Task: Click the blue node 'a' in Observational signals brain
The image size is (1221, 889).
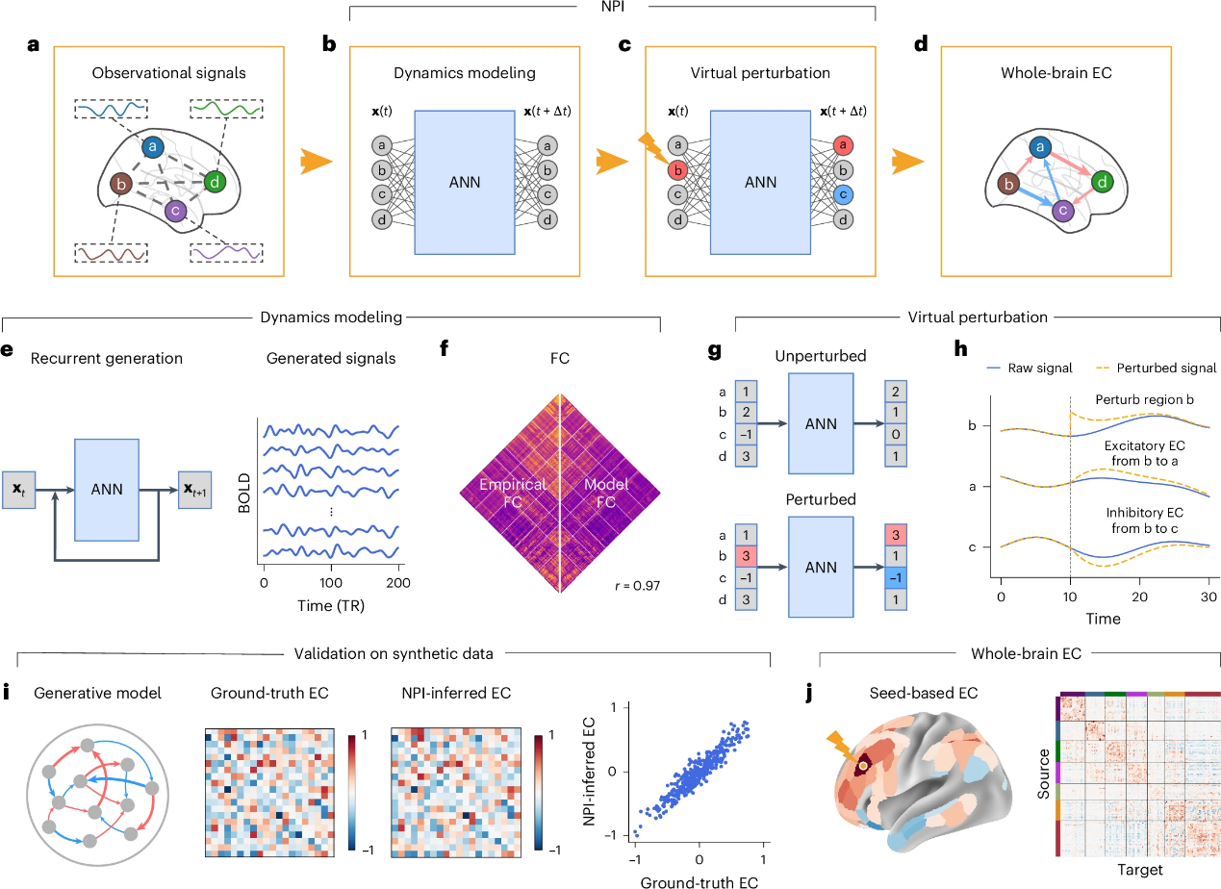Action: point(153,146)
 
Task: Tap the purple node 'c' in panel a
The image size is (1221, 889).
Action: point(175,211)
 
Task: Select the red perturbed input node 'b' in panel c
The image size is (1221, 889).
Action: point(677,170)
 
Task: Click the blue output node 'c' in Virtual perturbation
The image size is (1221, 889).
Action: point(843,194)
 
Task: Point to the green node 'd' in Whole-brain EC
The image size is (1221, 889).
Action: point(1102,182)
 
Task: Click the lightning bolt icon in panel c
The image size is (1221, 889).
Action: point(652,147)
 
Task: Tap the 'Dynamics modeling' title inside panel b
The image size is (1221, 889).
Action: point(465,73)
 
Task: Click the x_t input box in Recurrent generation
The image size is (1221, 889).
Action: point(18,490)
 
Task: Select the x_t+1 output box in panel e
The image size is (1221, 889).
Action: point(194,490)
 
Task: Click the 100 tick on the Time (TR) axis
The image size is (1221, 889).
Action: point(330,583)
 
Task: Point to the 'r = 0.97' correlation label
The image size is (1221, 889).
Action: point(637,586)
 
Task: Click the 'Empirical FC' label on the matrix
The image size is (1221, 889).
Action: point(513,493)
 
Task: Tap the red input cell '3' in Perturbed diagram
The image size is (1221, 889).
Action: point(746,556)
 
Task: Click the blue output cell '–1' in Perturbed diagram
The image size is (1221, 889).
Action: point(896,578)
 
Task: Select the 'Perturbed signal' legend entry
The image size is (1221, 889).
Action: point(1157,368)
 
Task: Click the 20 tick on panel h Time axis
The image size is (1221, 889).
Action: point(1139,597)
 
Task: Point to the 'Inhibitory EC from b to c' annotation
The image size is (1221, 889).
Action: point(1145,521)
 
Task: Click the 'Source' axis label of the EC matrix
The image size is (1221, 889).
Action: point(1043,774)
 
